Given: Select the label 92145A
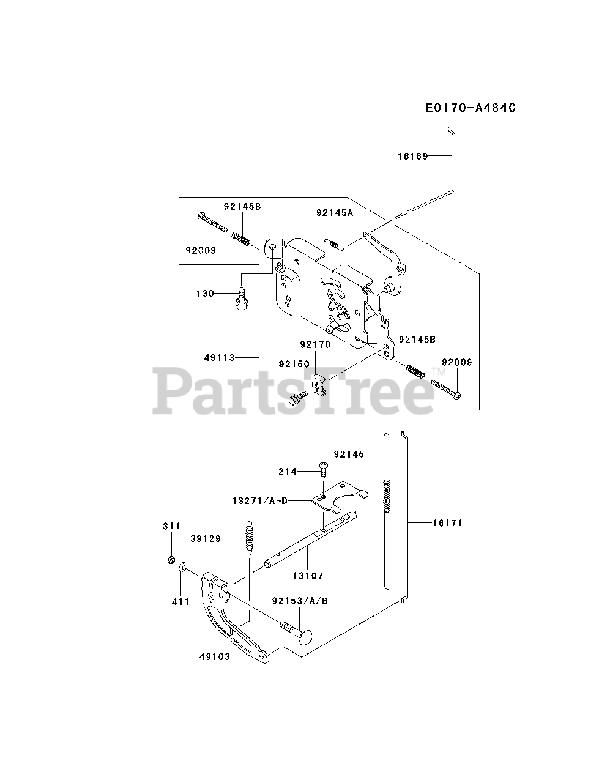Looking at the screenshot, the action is [x=335, y=213].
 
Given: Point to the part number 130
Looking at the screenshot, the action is [x=205, y=294].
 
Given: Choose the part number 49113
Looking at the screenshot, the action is [x=220, y=357].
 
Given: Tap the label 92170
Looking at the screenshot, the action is [x=314, y=344].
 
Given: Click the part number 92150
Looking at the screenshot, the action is [x=294, y=364].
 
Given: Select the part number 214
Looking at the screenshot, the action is [x=287, y=471].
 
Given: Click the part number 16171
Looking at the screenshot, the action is [x=447, y=523].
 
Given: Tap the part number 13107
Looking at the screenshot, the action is [x=308, y=576].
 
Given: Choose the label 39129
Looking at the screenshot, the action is [x=205, y=538].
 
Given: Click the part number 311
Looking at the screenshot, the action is [x=171, y=525].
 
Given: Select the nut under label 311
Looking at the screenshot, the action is [x=172, y=560].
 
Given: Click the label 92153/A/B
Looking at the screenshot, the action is [x=300, y=601].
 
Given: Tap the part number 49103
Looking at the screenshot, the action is [x=214, y=657].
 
